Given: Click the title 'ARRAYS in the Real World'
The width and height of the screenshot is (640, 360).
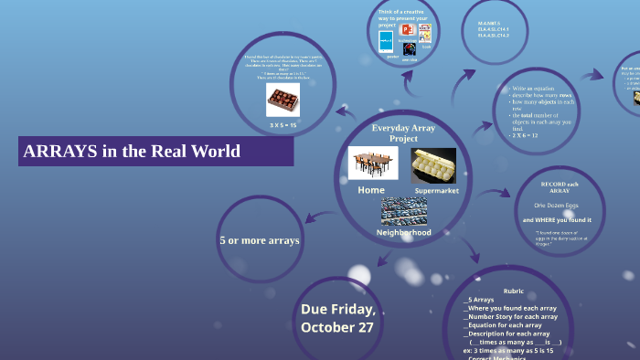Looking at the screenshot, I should [131, 151].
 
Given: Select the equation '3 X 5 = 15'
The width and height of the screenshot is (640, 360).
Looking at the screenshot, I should [283, 124].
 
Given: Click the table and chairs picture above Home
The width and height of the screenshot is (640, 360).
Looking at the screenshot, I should [373, 164].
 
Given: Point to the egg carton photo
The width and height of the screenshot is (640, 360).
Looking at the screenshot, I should [433, 165].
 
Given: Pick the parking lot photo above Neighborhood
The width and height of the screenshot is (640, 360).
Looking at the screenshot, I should [403, 212].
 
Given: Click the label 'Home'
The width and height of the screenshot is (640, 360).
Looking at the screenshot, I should [371, 190].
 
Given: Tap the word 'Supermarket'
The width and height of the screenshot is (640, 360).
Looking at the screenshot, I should [436, 191].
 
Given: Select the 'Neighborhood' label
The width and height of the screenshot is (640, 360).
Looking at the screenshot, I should [403, 232].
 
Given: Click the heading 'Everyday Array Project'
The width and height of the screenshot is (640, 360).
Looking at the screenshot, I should [402, 132].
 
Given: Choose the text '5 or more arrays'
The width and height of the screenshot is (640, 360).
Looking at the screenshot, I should [259, 240].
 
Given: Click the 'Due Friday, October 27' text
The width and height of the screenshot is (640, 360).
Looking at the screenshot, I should [337, 318].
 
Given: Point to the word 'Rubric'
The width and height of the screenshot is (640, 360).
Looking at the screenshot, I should [513, 291].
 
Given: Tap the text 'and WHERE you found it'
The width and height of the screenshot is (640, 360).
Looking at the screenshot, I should [557, 220].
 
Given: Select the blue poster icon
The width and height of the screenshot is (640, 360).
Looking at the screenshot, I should [386, 41].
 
